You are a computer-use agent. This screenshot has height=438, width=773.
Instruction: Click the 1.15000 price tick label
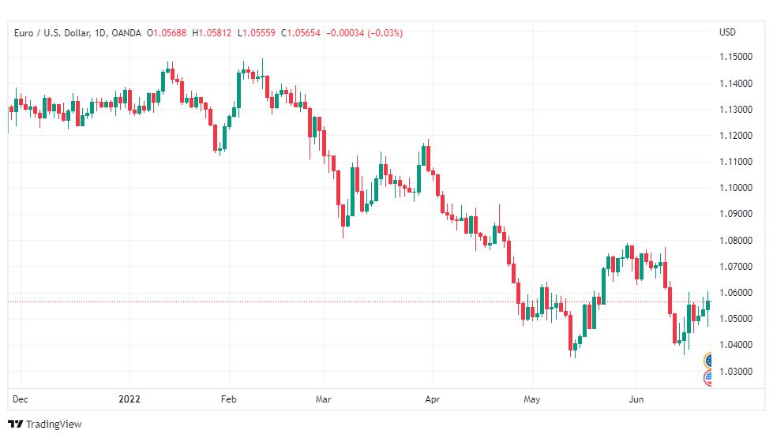click(736, 57)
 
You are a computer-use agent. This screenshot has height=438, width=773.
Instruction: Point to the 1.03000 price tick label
click(736, 372)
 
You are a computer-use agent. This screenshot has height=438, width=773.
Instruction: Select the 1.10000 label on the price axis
click(736, 188)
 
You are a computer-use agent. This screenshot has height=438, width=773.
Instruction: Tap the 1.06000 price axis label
click(736, 293)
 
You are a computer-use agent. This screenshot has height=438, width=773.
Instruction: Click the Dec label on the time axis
click(21, 399)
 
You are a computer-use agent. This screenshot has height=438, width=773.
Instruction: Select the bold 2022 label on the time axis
click(129, 399)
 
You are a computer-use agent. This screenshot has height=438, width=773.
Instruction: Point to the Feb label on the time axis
click(229, 399)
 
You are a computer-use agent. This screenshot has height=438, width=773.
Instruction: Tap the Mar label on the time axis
click(324, 399)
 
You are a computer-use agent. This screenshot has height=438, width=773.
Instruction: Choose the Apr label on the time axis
click(433, 399)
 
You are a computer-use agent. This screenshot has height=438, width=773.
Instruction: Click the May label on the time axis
click(532, 399)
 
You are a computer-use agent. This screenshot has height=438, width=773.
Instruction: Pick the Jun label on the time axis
click(636, 399)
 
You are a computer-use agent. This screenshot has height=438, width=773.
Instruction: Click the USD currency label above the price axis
click(727, 32)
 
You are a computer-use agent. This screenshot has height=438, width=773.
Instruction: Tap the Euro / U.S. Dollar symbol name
click(52, 33)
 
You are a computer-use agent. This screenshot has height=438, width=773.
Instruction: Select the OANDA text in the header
click(126, 33)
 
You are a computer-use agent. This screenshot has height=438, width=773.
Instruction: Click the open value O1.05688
click(167, 33)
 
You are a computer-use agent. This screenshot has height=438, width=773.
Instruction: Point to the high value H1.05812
click(212, 33)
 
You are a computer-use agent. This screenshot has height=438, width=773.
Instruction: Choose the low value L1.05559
click(257, 33)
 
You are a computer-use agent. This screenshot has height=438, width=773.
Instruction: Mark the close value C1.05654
click(301, 33)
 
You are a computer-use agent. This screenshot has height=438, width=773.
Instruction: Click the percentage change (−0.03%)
click(385, 33)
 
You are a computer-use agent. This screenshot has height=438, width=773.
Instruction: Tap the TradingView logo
click(45, 425)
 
